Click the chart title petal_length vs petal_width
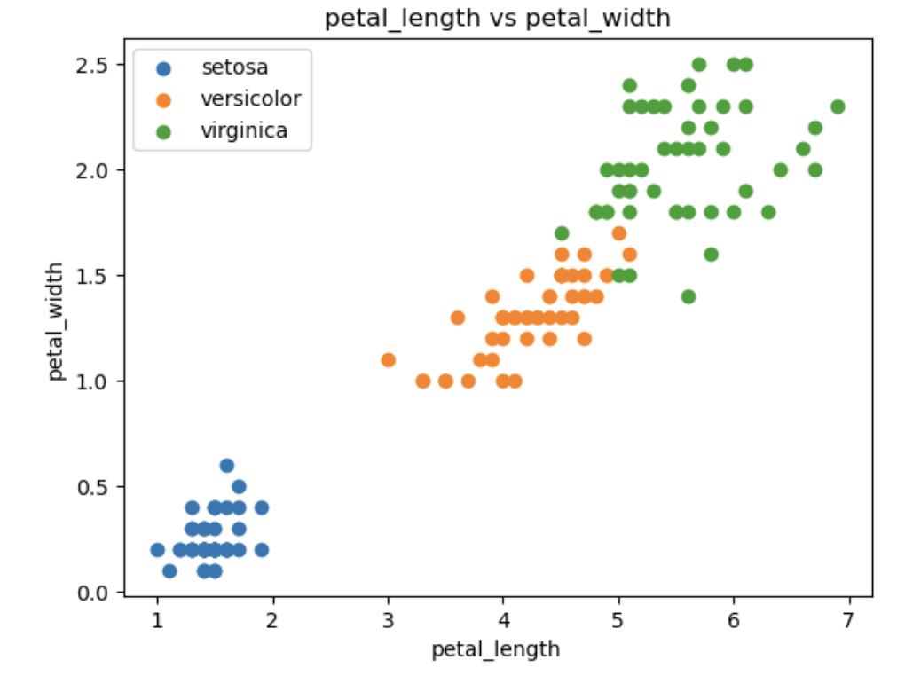click(x=497, y=18)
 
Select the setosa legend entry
click(x=234, y=67)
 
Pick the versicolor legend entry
click(x=251, y=98)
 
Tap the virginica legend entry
click(x=244, y=131)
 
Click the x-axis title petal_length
click(x=496, y=649)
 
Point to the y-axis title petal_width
click(x=57, y=321)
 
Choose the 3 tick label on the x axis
click(x=388, y=618)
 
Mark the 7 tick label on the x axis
click(x=849, y=618)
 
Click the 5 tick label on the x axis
click(x=618, y=618)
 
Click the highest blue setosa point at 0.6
click(x=227, y=466)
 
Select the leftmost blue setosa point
click(x=158, y=550)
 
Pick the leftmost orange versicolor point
click(x=388, y=360)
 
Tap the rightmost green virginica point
click(x=838, y=106)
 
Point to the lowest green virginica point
click(x=688, y=296)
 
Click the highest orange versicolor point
click(x=618, y=233)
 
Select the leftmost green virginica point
click(x=561, y=233)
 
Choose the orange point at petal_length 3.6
click(x=458, y=318)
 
